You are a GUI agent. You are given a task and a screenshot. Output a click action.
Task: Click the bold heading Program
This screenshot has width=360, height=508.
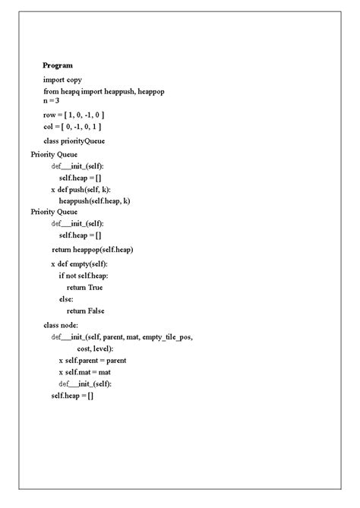click(x=58, y=65)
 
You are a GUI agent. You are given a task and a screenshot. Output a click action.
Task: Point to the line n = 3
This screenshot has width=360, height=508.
click(x=51, y=100)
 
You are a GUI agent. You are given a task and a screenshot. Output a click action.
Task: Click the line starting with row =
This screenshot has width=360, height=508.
click(x=73, y=114)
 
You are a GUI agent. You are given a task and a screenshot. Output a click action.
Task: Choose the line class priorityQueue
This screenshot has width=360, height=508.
click(x=74, y=140)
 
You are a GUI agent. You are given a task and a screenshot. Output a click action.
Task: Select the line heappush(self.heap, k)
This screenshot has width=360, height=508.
click(x=94, y=200)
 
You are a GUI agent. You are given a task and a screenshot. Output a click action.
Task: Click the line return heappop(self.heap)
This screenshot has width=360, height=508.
click(x=93, y=249)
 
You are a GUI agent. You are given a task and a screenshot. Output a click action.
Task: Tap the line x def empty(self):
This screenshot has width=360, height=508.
click(x=85, y=263)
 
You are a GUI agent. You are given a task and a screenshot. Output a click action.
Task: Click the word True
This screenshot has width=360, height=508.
click(x=95, y=287)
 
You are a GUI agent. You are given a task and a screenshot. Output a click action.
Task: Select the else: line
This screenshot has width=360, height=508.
click(x=66, y=299)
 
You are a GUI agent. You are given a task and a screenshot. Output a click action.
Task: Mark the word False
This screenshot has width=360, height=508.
click(x=96, y=311)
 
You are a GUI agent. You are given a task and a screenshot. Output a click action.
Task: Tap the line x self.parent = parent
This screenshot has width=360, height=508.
click(x=93, y=360)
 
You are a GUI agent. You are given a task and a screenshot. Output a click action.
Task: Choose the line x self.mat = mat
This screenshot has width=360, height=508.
click(x=85, y=372)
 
